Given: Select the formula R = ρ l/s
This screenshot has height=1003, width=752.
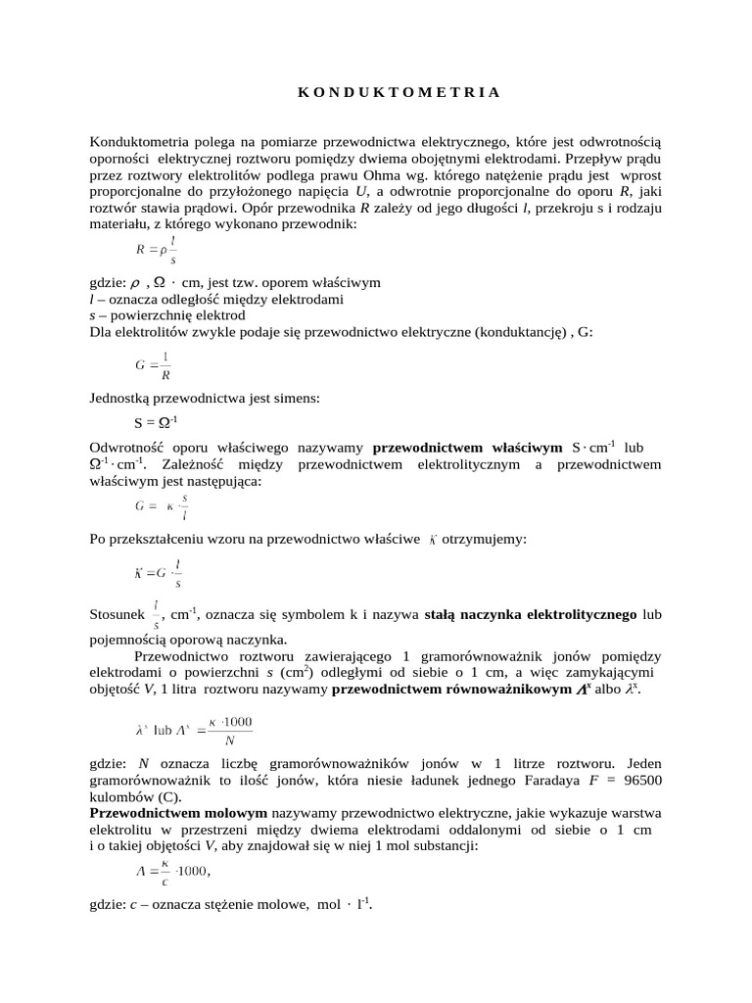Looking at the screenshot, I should (156, 251).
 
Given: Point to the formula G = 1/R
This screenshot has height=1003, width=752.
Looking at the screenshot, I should (153, 365).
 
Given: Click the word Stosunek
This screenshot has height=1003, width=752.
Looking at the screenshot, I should (117, 615).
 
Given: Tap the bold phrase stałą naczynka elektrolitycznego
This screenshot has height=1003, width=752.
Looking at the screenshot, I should (531, 615).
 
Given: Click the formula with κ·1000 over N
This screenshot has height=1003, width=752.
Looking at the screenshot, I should (194, 731).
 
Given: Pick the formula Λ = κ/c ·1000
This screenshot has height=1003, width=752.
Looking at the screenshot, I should (171, 870).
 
